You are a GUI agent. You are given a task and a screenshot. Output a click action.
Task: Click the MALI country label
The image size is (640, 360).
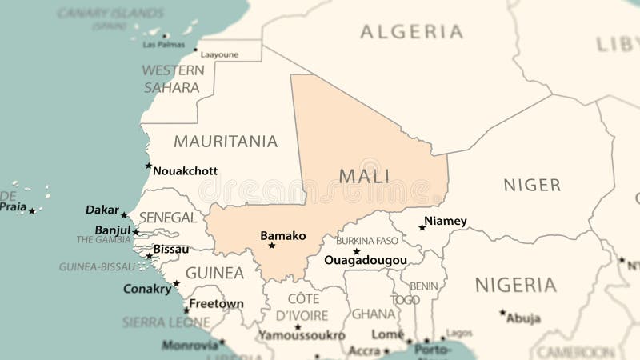(364, 176)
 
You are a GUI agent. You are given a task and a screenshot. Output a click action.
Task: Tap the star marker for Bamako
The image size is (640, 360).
(272, 246)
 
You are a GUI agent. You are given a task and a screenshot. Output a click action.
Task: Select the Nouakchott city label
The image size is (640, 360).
(185, 170)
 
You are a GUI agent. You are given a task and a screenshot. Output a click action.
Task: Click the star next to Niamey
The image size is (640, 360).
(422, 227)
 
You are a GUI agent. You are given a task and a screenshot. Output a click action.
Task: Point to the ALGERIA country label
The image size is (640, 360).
(411, 32)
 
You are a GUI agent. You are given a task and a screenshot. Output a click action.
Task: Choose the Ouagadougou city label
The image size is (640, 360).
(366, 260)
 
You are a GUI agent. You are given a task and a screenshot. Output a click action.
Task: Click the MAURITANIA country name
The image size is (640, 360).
(226, 142)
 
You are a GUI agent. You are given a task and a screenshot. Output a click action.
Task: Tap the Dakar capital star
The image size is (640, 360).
(123, 214)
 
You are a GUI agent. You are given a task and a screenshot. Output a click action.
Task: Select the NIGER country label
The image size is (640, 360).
(532, 185)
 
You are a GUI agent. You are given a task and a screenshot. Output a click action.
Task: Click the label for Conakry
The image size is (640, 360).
(147, 289)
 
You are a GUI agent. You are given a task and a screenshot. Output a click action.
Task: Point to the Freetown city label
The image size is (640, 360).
(216, 304)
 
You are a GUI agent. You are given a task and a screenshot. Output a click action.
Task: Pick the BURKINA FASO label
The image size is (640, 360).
(367, 240)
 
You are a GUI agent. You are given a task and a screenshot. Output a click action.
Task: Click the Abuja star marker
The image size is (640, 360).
(502, 312)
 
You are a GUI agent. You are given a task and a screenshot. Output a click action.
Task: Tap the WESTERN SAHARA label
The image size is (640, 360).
(173, 78)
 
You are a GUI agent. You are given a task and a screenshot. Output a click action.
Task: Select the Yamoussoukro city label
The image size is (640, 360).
(301, 336)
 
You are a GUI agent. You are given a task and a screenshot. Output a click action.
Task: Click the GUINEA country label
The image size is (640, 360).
(214, 273)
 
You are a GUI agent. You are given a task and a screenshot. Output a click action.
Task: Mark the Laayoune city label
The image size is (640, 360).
(219, 54)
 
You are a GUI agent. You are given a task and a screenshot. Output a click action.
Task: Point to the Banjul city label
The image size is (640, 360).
(113, 230)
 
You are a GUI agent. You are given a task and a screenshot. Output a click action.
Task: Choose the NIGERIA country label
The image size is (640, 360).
(515, 285)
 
